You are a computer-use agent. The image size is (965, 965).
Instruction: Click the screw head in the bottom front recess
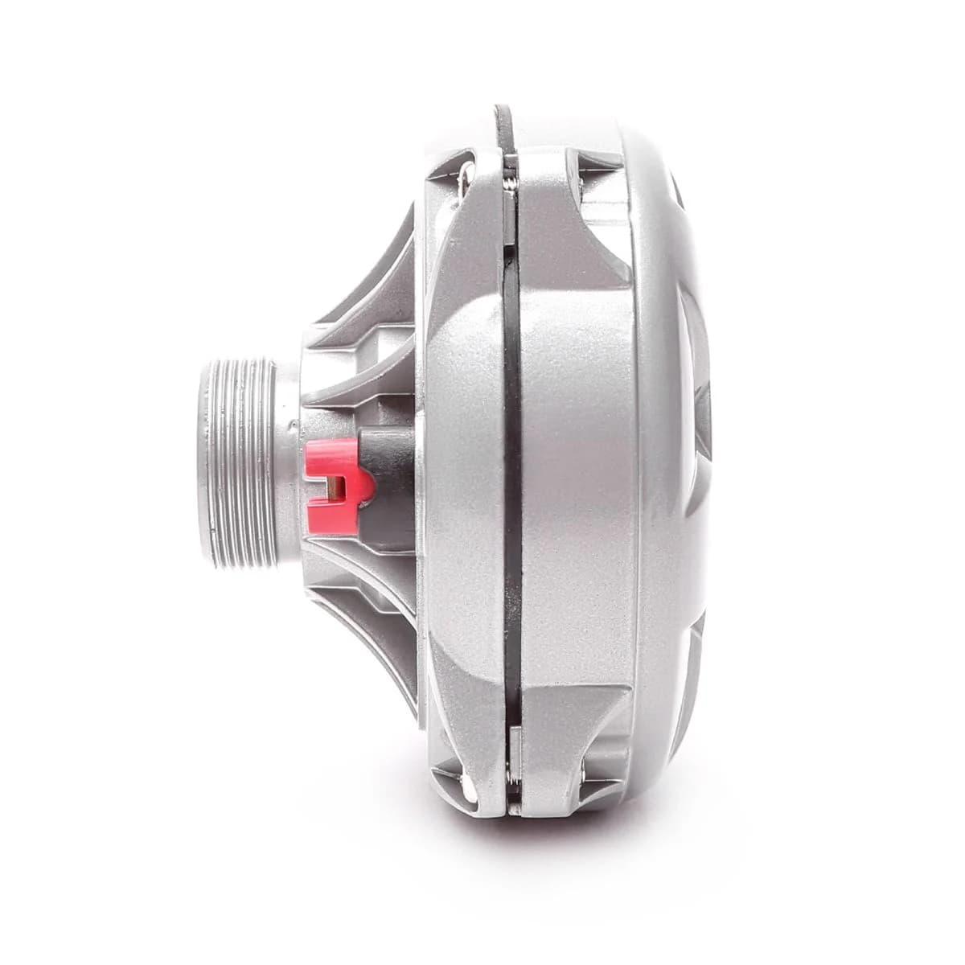(462, 776)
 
